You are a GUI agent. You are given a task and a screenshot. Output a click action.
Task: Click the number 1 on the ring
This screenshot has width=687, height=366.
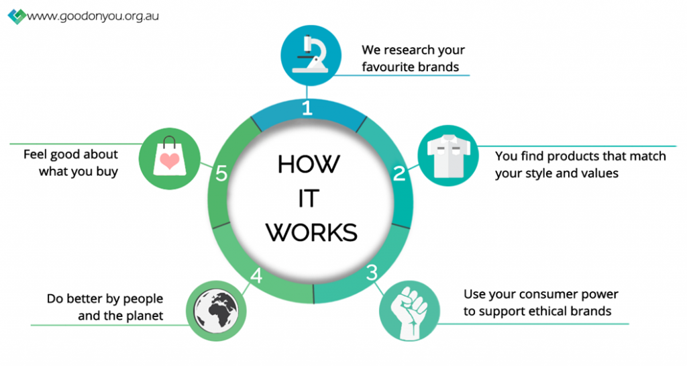click(307, 108)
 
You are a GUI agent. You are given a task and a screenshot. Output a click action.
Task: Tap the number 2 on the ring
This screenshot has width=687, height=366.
click(399, 174)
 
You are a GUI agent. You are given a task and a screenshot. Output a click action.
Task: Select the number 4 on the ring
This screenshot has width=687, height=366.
click(255, 276)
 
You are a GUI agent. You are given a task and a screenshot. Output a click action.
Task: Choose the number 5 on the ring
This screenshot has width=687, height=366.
click(221, 174)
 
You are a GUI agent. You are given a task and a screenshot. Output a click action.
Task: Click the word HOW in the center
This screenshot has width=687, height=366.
click(309, 164)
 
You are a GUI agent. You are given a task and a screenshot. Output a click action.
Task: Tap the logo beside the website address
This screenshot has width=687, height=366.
click(16, 15)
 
